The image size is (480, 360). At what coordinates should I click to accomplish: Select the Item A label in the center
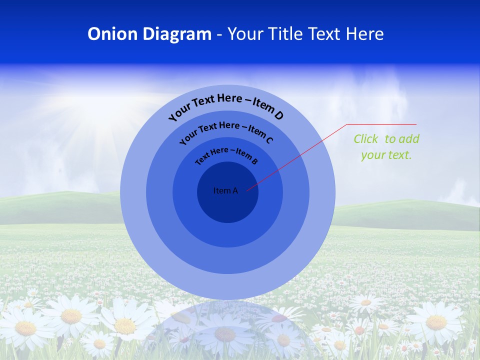pos(225,190)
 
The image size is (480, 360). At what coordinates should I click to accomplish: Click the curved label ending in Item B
pos(226,155)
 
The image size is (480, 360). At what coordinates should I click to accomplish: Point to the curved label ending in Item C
pos(226,132)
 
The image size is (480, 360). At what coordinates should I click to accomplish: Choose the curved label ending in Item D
pos(226,106)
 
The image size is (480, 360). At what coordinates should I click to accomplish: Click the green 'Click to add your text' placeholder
pos(386,147)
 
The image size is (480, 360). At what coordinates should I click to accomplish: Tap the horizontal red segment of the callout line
pos(381,124)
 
